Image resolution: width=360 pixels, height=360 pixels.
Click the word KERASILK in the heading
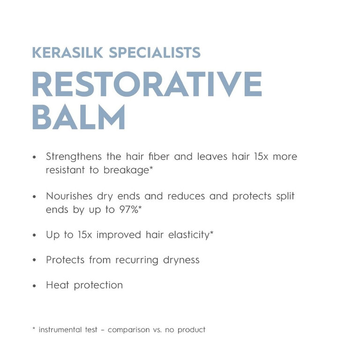coord(67,52)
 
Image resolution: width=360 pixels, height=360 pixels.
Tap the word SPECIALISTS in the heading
coord(155,52)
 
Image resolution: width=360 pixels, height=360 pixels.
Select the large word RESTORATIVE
coord(147,84)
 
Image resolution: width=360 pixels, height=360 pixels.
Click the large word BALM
coord(79,117)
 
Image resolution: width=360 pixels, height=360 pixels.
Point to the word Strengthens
coord(74,157)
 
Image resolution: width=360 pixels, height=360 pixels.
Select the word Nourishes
coord(69,196)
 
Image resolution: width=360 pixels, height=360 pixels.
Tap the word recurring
coord(137,260)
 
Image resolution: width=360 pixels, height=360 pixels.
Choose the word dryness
coord(181,260)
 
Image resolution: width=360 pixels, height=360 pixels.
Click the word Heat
coord(57,285)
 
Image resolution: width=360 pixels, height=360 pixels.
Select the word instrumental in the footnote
coord(60,330)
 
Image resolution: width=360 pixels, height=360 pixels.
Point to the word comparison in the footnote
coord(128,330)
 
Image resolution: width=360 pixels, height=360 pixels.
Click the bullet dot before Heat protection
coord(34,286)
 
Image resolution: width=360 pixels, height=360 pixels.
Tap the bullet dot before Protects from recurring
coord(34,260)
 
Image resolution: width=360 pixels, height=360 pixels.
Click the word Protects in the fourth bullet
coord(65,260)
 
